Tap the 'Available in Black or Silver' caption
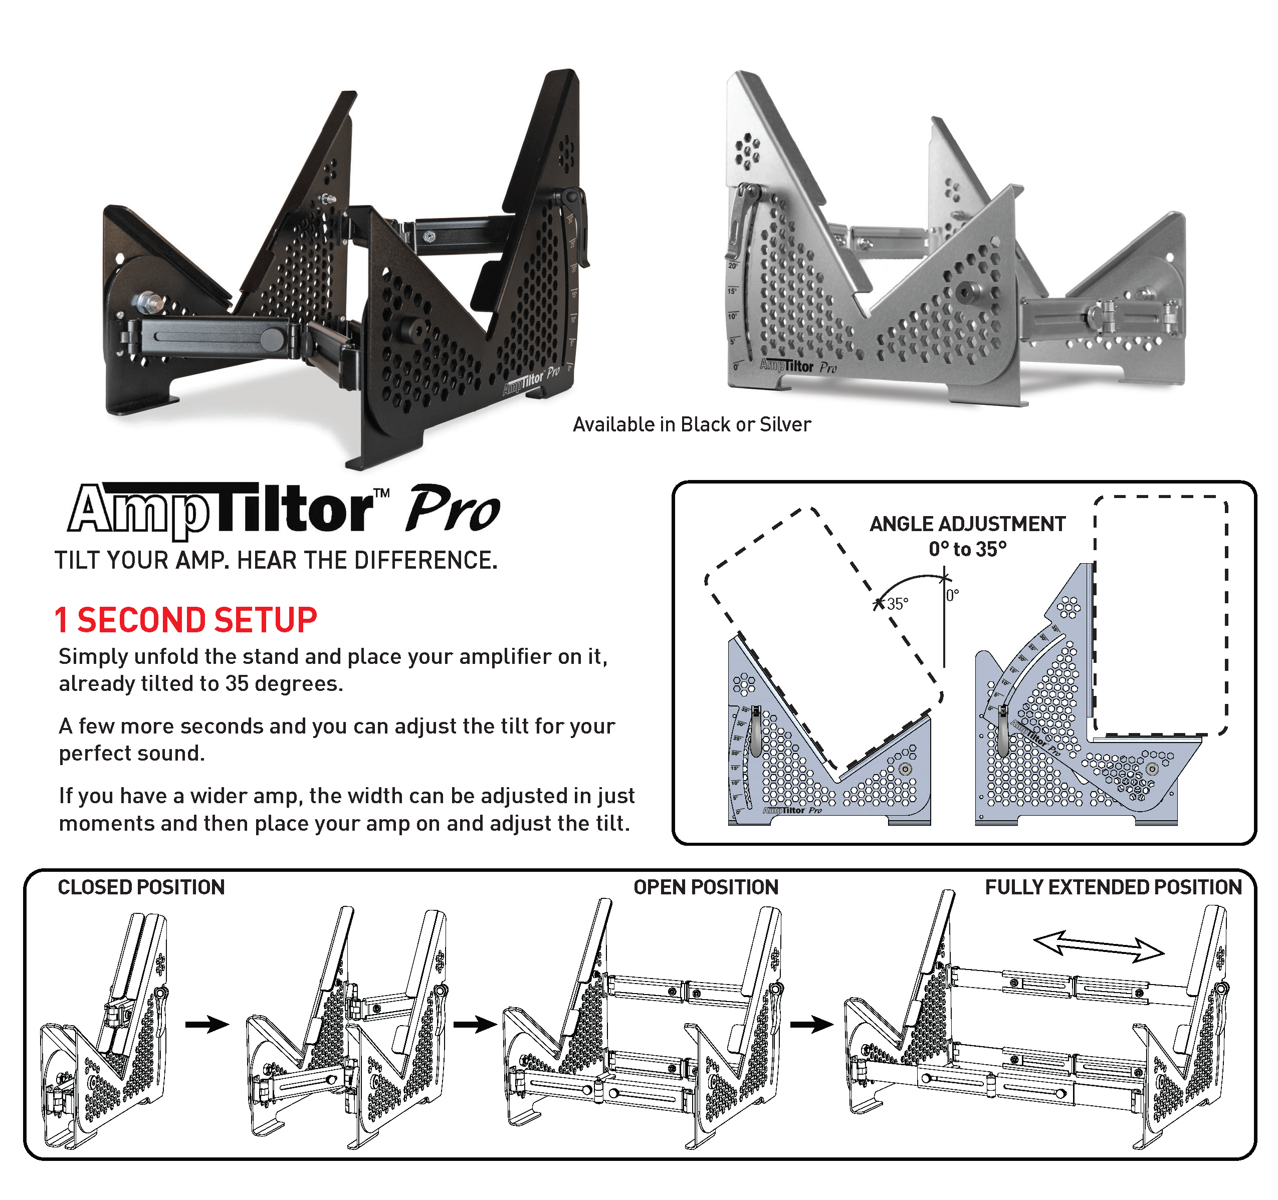point(692,424)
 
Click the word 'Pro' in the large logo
point(453,510)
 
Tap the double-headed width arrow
point(1099,946)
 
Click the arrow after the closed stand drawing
point(207,1024)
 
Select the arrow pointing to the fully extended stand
point(812,1024)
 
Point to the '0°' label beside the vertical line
point(953,595)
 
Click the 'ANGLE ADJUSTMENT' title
point(967,524)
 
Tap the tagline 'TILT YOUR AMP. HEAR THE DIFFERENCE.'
point(276,561)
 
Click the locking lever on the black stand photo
point(577,225)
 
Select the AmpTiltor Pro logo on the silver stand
point(798,366)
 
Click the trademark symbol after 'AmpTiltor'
point(382,493)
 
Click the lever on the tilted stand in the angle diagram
point(756,731)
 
